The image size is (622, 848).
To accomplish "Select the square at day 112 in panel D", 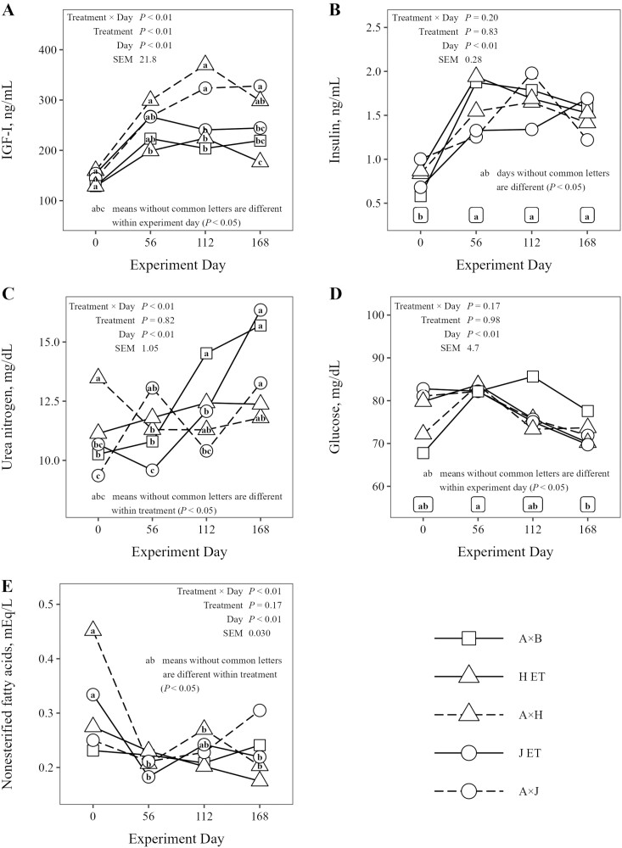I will click(533, 377).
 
